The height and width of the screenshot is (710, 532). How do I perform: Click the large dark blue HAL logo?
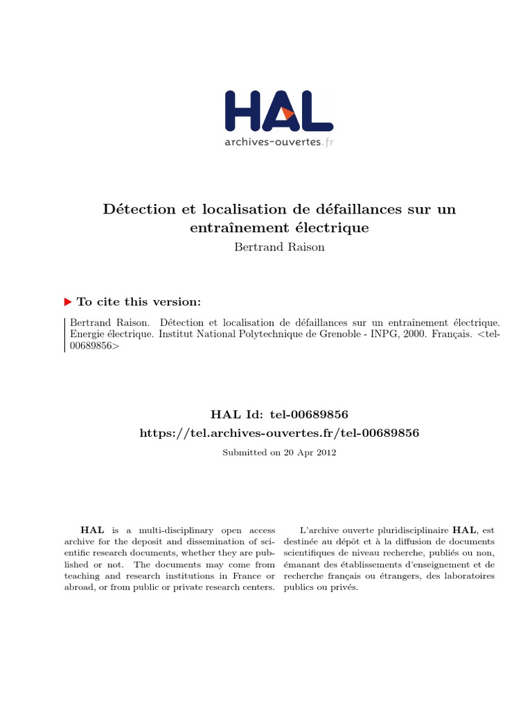click(x=278, y=111)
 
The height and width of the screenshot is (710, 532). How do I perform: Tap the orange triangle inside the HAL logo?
click(x=287, y=115)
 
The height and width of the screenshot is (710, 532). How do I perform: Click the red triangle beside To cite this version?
click(x=68, y=302)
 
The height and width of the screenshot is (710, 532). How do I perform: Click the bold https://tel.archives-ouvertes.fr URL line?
click(x=280, y=433)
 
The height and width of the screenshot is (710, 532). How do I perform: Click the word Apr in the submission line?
click(x=304, y=452)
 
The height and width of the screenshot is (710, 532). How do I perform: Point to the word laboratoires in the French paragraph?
click(x=470, y=575)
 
